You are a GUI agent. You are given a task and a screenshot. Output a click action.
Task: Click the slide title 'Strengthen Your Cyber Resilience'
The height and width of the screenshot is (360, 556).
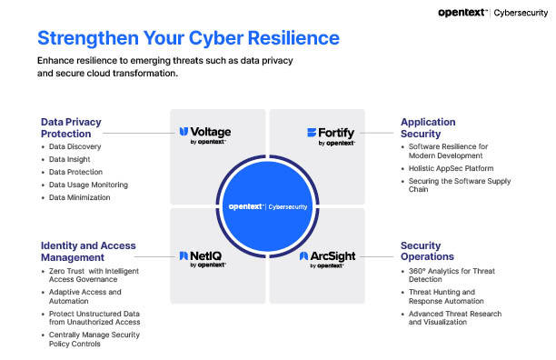[189, 38]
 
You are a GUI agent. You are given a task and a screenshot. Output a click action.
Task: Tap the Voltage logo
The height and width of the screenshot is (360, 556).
[204, 135]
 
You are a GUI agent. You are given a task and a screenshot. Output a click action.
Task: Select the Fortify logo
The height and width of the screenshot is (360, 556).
[330, 135]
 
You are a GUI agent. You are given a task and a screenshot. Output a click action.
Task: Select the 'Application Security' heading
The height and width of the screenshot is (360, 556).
[428, 127]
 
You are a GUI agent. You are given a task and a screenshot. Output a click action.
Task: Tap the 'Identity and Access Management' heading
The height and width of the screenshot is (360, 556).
[87, 251]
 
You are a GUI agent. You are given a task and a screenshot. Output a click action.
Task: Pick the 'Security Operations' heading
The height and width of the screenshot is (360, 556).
[421, 251]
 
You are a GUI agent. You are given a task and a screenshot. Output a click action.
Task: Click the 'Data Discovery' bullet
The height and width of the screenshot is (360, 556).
[74, 146]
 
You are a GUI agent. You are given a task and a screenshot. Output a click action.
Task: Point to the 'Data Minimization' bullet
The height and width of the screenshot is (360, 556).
[79, 197]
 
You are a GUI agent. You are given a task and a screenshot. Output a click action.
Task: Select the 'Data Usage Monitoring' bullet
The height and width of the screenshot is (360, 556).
[88, 185]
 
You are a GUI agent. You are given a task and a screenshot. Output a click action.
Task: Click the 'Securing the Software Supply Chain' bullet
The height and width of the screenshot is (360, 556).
[459, 185]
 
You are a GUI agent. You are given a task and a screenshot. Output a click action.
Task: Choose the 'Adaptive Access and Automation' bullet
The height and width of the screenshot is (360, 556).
[84, 296]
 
